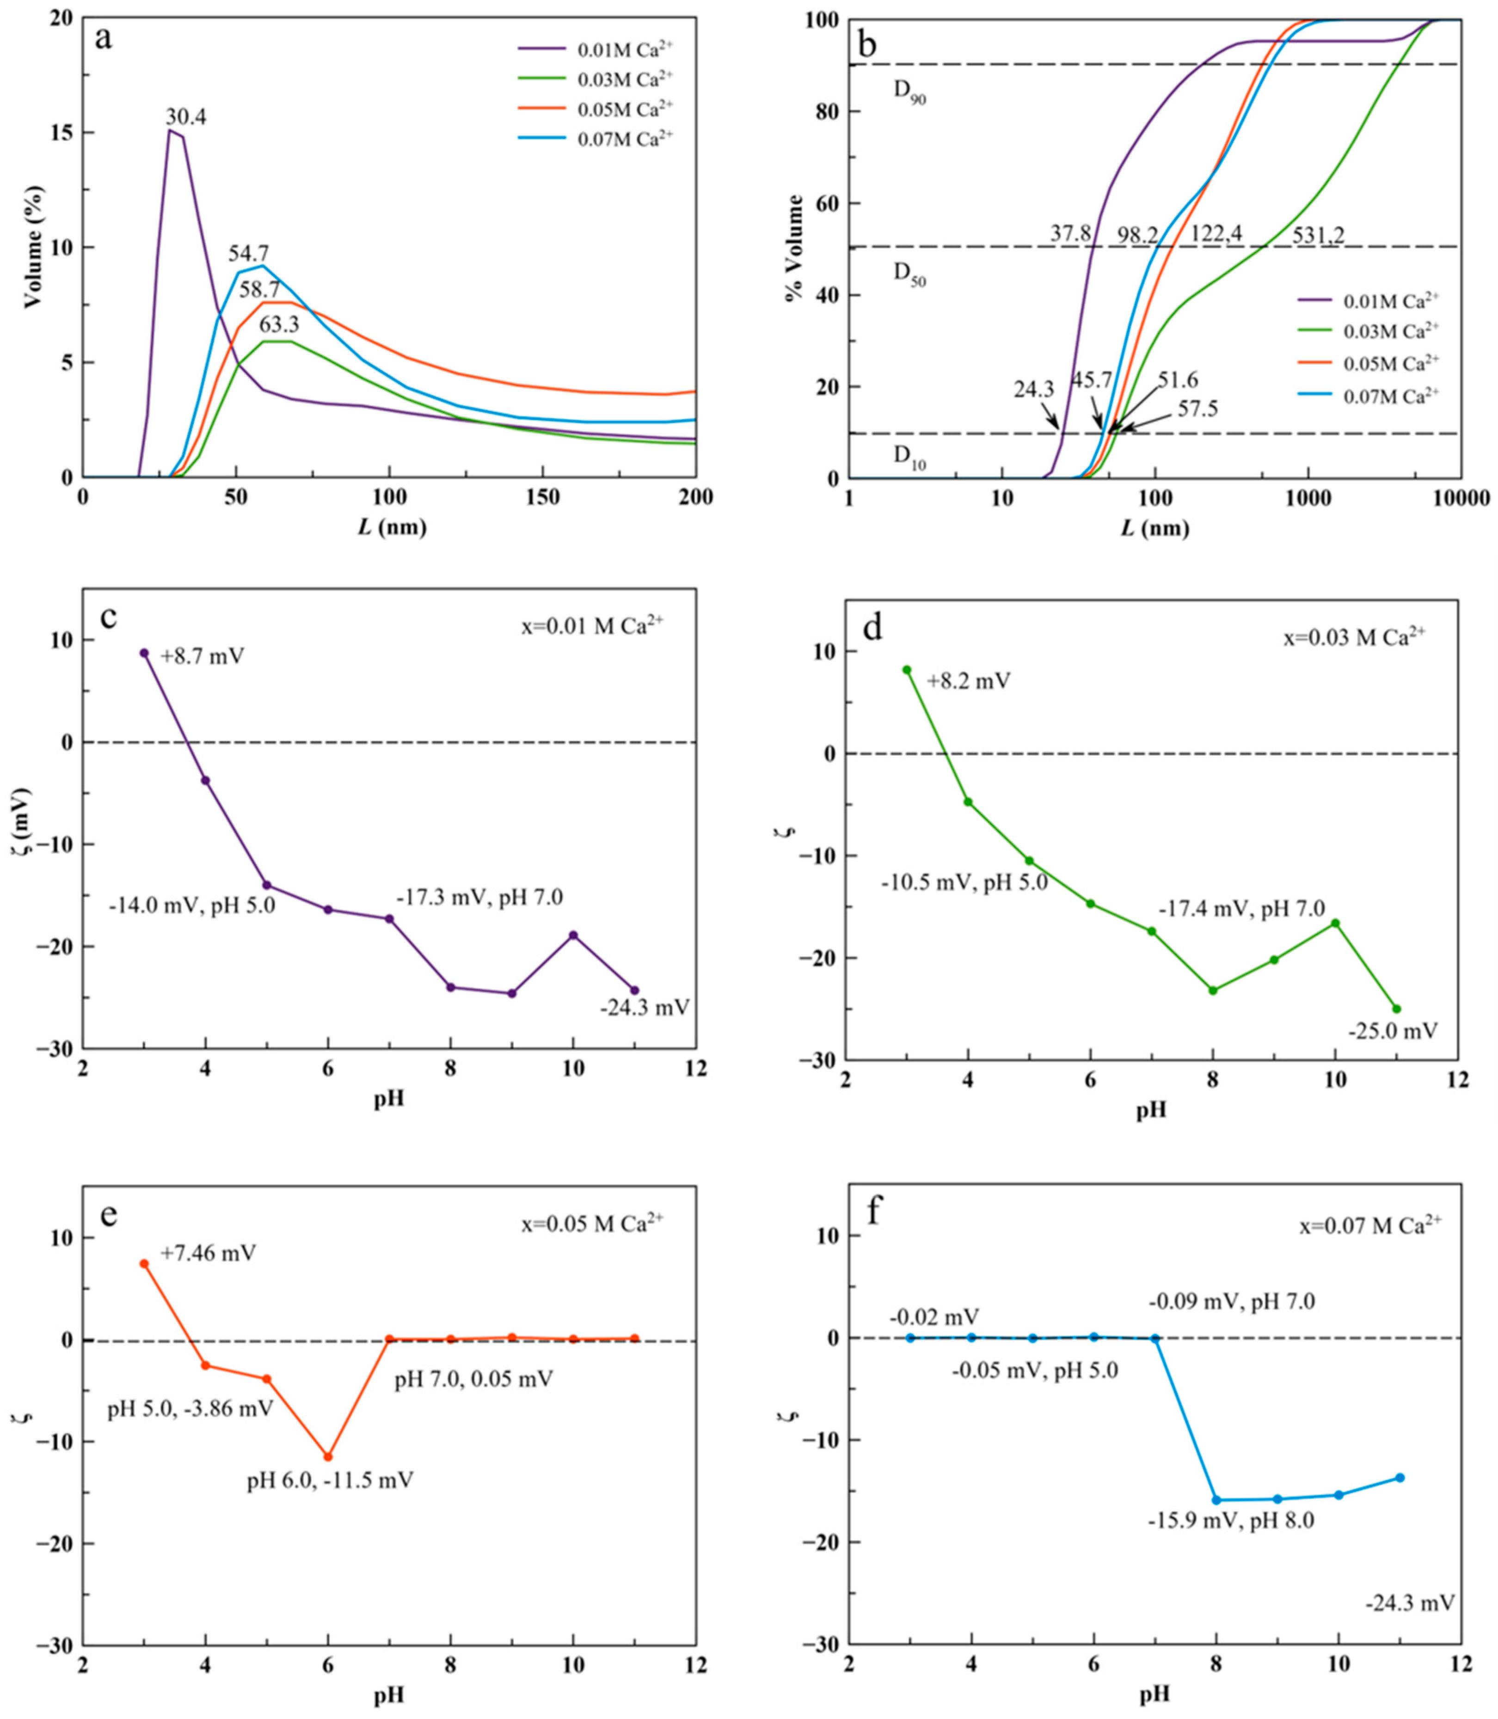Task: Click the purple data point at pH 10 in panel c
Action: pyautogui.click(x=573, y=935)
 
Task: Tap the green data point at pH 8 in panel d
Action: pyautogui.click(x=1213, y=990)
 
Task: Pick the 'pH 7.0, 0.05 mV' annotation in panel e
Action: pyautogui.click(x=474, y=1379)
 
